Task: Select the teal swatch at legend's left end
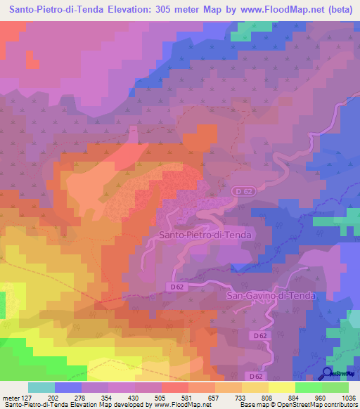point(41,387)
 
